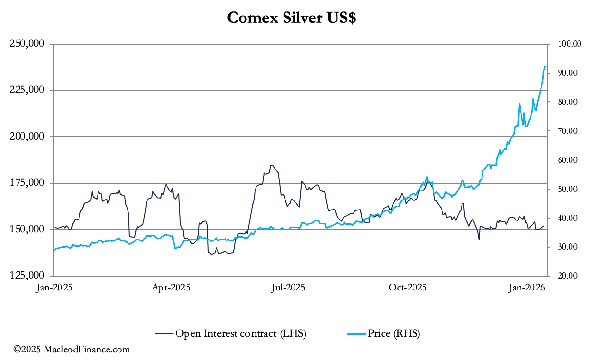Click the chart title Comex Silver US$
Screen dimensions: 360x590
(x=292, y=18)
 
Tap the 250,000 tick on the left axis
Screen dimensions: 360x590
(x=28, y=44)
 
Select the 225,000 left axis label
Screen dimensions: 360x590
(x=28, y=90)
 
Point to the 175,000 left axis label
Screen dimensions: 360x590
(x=28, y=183)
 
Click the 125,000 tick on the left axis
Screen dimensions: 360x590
(x=28, y=276)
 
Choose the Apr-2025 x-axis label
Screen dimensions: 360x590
(x=171, y=288)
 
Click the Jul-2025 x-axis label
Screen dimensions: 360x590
(x=288, y=288)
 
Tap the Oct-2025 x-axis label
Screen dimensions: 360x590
(x=407, y=288)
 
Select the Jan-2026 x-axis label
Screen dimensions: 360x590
(x=524, y=288)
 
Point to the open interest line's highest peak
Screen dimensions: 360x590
(x=271, y=165)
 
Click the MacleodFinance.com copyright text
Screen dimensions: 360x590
(x=71, y=350)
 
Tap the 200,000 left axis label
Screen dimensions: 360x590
(x=28, y=137)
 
